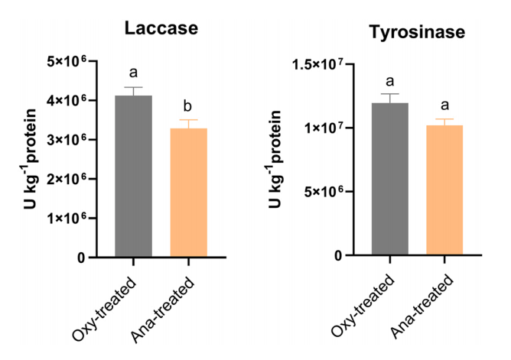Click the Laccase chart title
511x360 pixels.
click(162, 28)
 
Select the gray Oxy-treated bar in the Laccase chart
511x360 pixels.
click(133, 177)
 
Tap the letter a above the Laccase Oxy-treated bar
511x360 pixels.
click(133, 73)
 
